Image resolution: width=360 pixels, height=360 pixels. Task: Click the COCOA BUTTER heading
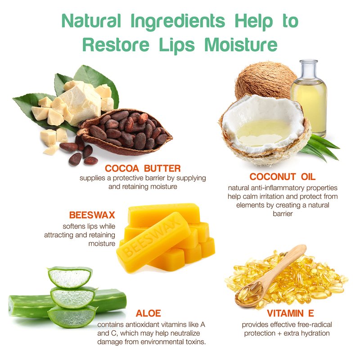143,168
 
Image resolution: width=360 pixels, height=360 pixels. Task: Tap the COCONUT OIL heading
283,176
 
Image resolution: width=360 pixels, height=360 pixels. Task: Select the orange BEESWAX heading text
92,215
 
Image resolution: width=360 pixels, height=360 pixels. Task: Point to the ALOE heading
148,313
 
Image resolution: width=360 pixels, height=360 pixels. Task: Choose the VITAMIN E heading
290,313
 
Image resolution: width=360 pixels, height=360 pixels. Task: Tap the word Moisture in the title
241,44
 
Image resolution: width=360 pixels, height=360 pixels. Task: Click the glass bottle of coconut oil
309,98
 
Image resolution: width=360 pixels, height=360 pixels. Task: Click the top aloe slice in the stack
70,277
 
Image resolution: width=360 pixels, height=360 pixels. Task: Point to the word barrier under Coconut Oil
283,214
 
